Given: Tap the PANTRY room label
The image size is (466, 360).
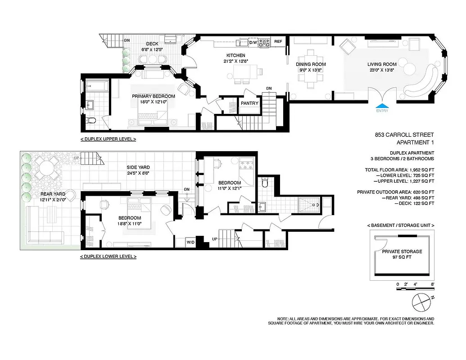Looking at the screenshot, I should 249,103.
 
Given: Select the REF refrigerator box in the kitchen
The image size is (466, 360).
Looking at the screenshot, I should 278,42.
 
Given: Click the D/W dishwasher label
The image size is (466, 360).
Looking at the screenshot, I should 253,42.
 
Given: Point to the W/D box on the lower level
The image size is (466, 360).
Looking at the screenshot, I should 191,243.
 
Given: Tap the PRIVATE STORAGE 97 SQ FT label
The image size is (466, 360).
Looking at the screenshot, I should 402,254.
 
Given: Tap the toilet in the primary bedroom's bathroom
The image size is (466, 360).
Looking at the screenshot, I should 91,121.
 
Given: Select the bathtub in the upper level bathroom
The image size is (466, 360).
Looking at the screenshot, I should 96,85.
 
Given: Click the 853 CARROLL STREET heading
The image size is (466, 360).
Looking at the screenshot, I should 404,135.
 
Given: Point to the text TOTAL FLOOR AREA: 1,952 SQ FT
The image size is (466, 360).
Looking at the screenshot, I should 399,170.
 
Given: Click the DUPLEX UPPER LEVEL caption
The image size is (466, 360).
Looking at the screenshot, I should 108,139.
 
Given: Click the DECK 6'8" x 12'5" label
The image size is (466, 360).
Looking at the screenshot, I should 151,46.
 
